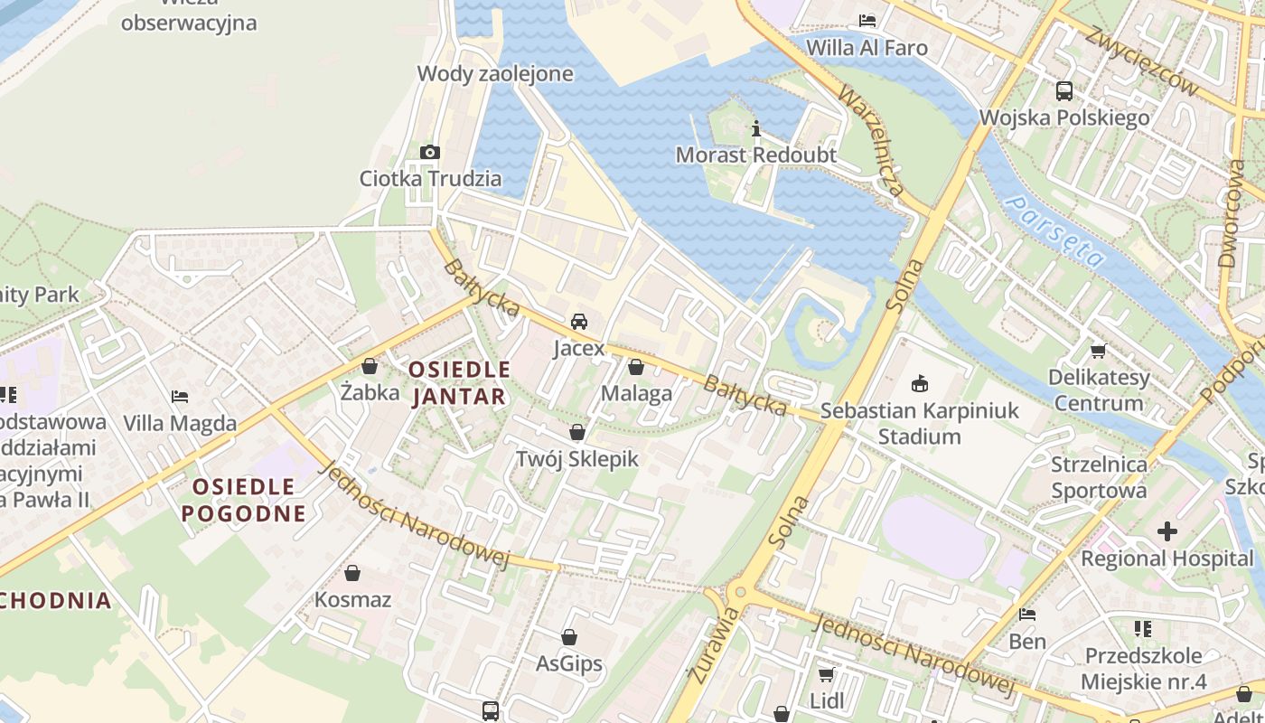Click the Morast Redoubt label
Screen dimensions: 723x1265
(756, 155)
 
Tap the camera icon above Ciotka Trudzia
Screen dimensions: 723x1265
(430, 152)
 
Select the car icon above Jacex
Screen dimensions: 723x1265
(579, 322)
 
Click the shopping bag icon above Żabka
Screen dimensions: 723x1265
(370, 367)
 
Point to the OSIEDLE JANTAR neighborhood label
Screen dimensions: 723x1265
(459, 382)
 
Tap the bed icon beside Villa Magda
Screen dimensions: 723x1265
(180, 397)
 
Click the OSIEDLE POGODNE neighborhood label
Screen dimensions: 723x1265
(243, 500)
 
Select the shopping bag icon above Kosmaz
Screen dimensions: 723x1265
(352, 573)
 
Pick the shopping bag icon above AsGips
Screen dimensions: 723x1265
(569, 638)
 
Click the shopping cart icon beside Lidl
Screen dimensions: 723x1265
(826, 674)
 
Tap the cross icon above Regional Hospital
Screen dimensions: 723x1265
(1167, 531)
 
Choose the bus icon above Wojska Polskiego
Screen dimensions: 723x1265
(1064, 91)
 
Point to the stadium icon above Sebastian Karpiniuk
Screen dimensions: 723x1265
(920, 384)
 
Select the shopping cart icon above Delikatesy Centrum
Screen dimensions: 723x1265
(1099, 351)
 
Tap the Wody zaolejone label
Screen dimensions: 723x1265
(495, 73)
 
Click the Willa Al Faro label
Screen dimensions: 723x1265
(867, 47)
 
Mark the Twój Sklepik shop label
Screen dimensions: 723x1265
(576, 458)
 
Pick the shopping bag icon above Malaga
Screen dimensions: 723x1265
(636, 367)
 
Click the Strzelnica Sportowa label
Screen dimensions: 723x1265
(1099, 477)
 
